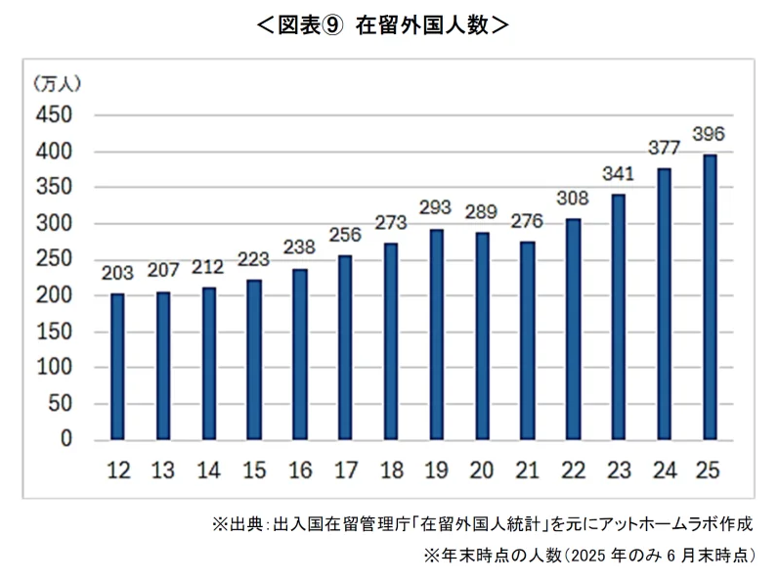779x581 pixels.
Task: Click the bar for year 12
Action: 118,366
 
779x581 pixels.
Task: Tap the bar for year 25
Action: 710,296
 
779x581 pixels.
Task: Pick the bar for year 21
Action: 528,339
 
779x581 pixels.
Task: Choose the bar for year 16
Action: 300,353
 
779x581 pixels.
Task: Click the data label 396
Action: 707,133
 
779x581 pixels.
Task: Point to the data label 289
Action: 480,210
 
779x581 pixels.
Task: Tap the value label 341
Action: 618,173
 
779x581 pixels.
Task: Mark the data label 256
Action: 344,235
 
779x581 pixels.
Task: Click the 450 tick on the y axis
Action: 55,115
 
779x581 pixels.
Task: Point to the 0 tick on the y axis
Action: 65,439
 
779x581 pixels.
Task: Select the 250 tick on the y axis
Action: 55,259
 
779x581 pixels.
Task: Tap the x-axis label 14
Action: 209,470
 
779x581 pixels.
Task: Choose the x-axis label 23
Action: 618,470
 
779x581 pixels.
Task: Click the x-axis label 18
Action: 390,470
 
